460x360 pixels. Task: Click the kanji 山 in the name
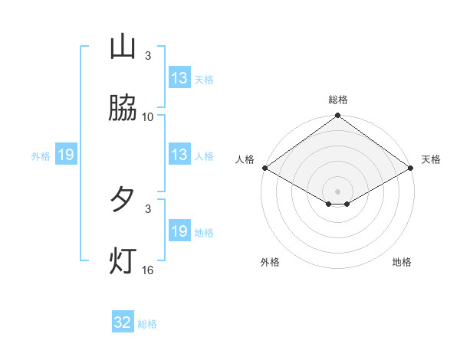[123, 47]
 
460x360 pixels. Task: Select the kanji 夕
[123, 200]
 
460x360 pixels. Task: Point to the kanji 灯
[123, 261]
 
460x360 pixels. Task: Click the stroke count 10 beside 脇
[148, 117]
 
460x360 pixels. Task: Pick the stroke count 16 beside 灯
[148, 270]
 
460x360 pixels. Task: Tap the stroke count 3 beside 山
[148, 56]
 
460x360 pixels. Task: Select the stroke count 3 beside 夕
[148, 208]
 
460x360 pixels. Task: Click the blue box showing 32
[123, 322]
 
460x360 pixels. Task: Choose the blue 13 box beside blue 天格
[179, 78]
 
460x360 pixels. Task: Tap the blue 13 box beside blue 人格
[179, 155]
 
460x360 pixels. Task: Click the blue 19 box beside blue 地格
[179, 231]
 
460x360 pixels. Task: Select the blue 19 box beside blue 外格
[66, 155]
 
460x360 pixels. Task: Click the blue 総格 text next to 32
[147, 324]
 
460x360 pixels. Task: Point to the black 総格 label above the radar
[338, 100]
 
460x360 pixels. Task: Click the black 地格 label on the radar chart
[402, 263]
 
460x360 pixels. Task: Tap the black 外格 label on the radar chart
[270, 263]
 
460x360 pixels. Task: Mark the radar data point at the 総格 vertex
[338, 116]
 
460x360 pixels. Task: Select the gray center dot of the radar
[338, 191]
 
